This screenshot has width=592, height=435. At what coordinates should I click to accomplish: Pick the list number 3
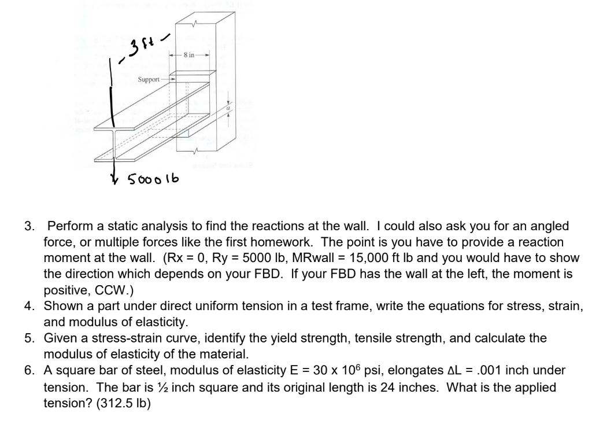(x=28, y=226)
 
